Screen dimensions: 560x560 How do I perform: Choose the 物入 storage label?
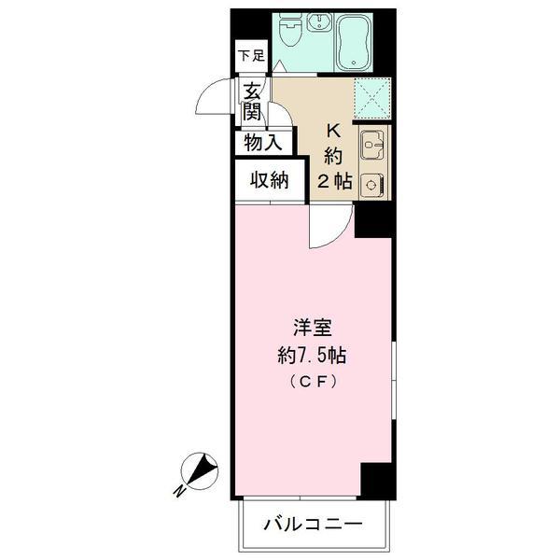262,143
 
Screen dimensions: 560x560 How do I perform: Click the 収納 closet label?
268,180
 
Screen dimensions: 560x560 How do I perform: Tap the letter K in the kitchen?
334,132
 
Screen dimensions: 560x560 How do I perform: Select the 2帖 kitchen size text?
334,182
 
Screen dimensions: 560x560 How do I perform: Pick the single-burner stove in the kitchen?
374,183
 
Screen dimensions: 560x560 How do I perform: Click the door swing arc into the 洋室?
331,229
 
